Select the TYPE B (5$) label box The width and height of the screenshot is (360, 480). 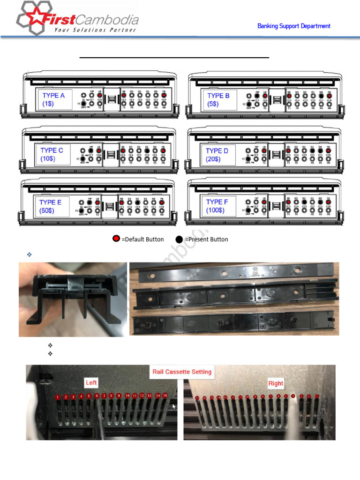219,99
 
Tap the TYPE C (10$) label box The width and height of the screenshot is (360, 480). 52,155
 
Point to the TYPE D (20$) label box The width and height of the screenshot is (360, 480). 217,155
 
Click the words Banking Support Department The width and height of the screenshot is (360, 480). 294,26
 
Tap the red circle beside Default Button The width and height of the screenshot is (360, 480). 116,239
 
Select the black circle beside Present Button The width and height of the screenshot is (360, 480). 180,239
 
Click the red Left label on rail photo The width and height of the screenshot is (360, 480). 91,383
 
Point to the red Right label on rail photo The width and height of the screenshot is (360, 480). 276,383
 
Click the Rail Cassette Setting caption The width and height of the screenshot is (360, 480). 182,372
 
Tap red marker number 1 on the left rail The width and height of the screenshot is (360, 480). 57,397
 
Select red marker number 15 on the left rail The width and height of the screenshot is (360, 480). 165,396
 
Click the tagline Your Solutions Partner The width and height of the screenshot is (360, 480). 95,30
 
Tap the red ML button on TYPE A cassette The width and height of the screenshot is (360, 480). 164,95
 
